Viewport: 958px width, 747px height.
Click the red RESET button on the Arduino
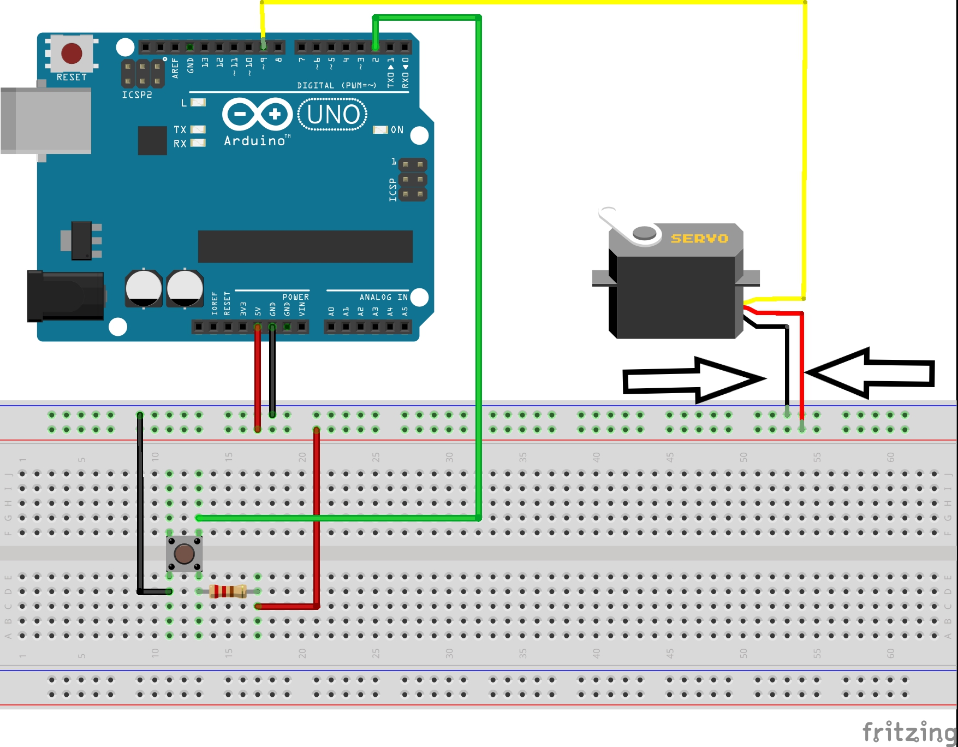[72, 53]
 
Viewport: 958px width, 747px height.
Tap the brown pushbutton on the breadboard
[184, 554]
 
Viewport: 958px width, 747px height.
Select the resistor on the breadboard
[228, 591]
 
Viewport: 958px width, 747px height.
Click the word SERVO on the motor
[699, 239]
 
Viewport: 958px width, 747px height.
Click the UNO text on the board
[333, 115]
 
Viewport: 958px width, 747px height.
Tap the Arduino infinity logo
[257, 114]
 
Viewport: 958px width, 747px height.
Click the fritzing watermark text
[909, 732]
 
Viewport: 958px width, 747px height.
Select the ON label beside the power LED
[397, 130]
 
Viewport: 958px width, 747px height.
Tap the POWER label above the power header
[295, 297]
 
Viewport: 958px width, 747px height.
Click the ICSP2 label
[136, 95]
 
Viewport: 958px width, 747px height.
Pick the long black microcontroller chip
[305, 246]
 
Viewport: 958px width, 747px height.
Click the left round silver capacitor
[144, 288]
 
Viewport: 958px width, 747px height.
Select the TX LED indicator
[198, 129]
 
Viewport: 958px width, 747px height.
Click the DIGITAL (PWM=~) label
[336, 86]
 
